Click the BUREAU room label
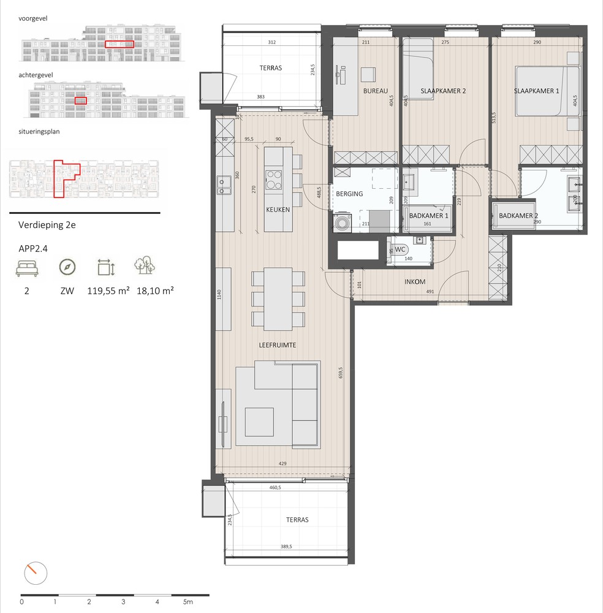376,91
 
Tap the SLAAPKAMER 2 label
443,91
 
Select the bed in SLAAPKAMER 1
547,91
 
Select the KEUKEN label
277,210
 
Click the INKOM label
415,283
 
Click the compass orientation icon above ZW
68,267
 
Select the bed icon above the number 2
26,267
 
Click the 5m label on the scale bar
188,602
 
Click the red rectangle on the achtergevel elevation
81,101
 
